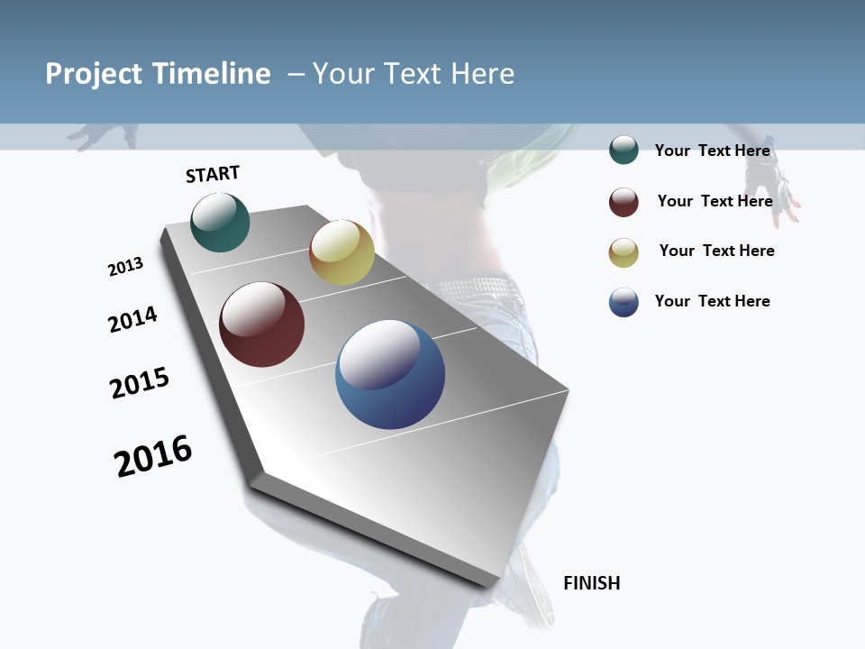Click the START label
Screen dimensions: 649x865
213,174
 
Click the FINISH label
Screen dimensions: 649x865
591,583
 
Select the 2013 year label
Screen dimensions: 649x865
125,267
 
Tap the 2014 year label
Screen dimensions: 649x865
132,319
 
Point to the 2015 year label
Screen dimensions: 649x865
140,383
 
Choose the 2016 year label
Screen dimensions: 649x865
153,456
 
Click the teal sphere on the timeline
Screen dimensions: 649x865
220,222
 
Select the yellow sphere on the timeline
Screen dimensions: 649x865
341,252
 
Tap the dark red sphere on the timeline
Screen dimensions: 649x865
261,324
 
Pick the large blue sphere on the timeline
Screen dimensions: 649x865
390,374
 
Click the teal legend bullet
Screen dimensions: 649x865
624,151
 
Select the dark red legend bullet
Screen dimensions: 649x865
624,202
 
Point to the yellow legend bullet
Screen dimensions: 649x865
624,252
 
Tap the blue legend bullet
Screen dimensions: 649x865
624,302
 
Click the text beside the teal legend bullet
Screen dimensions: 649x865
712,151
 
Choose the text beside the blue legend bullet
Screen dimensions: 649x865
712,301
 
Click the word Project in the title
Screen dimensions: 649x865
94,74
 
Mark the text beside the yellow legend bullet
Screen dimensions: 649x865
716,251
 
